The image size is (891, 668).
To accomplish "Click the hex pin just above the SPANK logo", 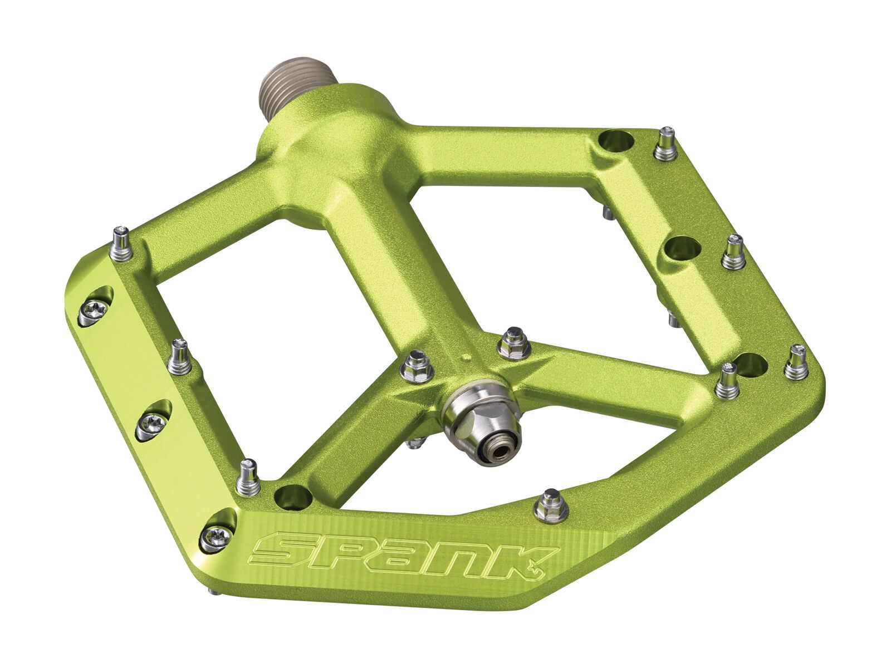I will pyautogui.click(x=551, y=504).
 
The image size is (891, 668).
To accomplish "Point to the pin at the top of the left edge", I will pyautogui.click(x=122, y=243).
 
